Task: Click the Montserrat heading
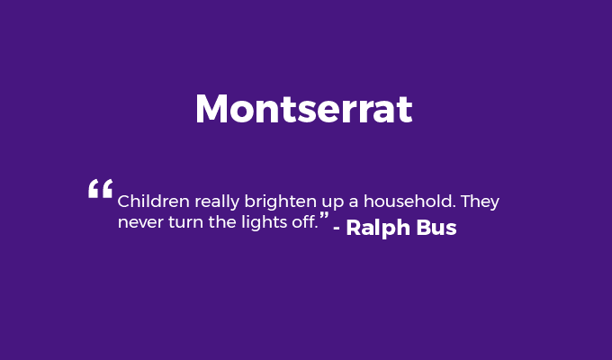point(303,109)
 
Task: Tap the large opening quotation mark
point(100,189)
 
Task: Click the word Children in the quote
point(153,202)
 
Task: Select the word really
point(217,202)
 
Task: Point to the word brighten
point(280,202)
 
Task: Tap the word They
point(480,202)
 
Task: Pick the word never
point(140,223)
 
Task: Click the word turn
point(185,222)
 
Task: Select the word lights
point(264,223)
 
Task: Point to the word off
point(304,221)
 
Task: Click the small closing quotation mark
point(324,215)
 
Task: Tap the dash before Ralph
point(337,229)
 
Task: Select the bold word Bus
point(436,228)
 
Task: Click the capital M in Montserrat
point(211,109)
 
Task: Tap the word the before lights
point(222,221)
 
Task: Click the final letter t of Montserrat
point(406,110)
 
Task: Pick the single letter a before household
point(354,202)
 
